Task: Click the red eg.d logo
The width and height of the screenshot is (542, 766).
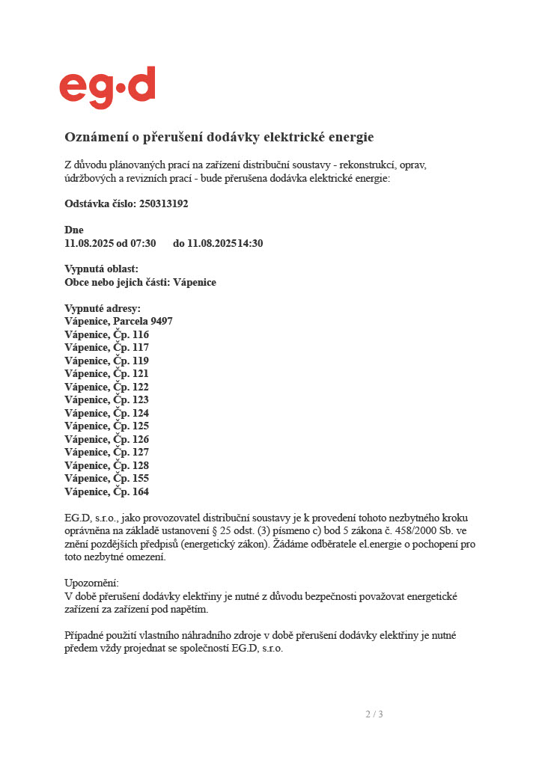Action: coord(107,87)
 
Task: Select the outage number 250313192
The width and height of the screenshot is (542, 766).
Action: coord(163,203)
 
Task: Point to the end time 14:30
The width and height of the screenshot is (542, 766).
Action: coord(250,243)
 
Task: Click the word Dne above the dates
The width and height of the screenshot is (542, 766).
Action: coord(74,230)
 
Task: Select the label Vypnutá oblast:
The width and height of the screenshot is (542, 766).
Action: coord(101,269)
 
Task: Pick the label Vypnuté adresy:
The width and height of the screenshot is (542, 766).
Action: coord(103,309)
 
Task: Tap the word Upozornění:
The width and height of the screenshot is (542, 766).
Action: coord(91,583)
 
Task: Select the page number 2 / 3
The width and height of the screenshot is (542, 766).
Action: coord(374,714)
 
